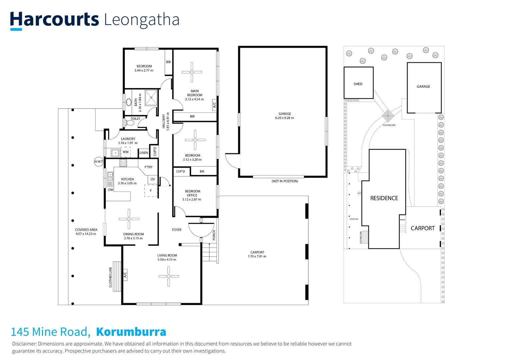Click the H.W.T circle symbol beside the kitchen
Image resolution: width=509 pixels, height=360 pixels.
click(99, 162)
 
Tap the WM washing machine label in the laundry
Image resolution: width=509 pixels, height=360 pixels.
click(126, 152)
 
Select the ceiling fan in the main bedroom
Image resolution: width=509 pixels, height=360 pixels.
click(192, 72)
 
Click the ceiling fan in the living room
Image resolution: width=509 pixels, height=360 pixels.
click(169, 276)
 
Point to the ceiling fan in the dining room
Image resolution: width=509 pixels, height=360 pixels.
click(129, 219)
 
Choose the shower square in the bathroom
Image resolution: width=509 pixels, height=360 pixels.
click(151, 98)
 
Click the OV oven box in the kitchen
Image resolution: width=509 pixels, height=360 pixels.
click(153, 179)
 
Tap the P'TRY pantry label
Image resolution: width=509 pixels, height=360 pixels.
click(149, 167)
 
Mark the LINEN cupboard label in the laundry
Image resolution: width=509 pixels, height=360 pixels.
click(144, 153)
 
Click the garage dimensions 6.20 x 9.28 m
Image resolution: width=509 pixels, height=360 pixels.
click(284, 118)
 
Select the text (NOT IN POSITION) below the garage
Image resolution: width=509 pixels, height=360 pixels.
click(285, 181)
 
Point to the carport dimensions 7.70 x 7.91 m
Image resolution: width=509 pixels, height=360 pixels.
click(257, 256)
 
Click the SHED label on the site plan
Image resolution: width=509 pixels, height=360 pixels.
click(358, 84)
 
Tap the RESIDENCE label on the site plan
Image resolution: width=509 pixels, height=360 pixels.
click(384, 198)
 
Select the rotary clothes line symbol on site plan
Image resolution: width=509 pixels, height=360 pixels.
click(388, 116)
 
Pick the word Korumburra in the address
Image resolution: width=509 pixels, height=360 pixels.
click(131, 332)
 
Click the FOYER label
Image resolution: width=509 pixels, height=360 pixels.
click(177, 230)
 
